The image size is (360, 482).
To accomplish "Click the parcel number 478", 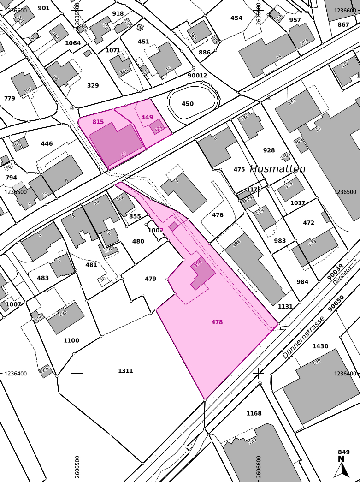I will click(x=217, y=322).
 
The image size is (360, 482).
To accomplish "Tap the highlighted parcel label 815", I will click(x=98, y=122).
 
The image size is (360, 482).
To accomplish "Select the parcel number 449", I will click(x=147, y=117).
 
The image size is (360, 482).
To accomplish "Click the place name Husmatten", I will click(x=277, y=169).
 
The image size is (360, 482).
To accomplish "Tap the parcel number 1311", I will click(x=125, y=371).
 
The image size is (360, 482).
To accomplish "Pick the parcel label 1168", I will click(x=254, y=413).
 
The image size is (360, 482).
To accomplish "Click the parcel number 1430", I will click(x=320, y=346).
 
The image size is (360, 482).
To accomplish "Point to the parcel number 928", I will click(x=269, y=150).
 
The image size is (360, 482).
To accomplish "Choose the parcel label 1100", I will click(x=71, y=340).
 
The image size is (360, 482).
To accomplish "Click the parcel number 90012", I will click(x=197, y=75).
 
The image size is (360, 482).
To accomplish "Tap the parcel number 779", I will click(x=10, y=98).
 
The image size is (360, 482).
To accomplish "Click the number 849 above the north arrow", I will click(x=343, y=452).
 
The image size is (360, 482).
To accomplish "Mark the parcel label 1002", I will click(x=155, y=230).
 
